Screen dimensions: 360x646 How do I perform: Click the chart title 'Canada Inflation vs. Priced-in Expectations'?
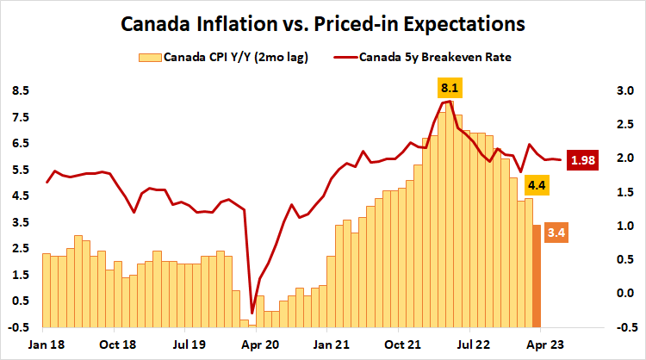(322, 23)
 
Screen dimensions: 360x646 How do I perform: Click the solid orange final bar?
(537, 275)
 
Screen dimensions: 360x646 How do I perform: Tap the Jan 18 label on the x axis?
(46, 343)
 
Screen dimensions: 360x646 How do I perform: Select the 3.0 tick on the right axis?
(625, 90)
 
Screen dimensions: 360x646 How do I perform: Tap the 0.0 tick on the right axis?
(625, 294)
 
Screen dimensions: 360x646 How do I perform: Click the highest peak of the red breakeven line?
(451, 101)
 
